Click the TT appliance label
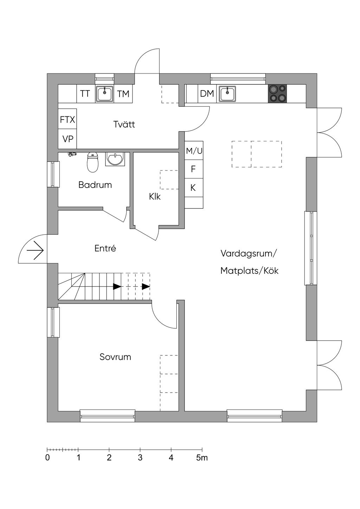pos(85,94)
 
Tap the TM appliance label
pos(123,94)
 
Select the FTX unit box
pos(67,120)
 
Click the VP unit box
pos(67,139)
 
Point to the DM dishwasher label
pos(207,94)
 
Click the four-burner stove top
pos(277,94)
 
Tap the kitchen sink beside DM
pos(227,94)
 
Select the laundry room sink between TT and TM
pos(104,94)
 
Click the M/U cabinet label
pos(194,151)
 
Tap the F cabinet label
pos(193,169)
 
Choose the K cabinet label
pos(193,188)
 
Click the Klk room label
pos(155,196)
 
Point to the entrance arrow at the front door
pos(35,251)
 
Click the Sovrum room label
pos(115,357)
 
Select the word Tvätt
pos(124,124)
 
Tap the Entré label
pos(105,249)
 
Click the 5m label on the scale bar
pos(202,458)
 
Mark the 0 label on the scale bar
pos(47,458)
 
